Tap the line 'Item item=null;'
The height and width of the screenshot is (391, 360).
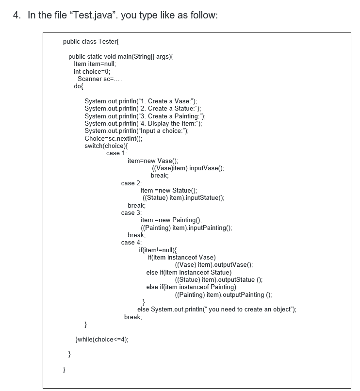pos(95,64)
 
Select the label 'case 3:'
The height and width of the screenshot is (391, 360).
pos(131,212)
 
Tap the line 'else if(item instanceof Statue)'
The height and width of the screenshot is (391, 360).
pos(185,272)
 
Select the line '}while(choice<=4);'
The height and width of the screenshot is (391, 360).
pos(103,339)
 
